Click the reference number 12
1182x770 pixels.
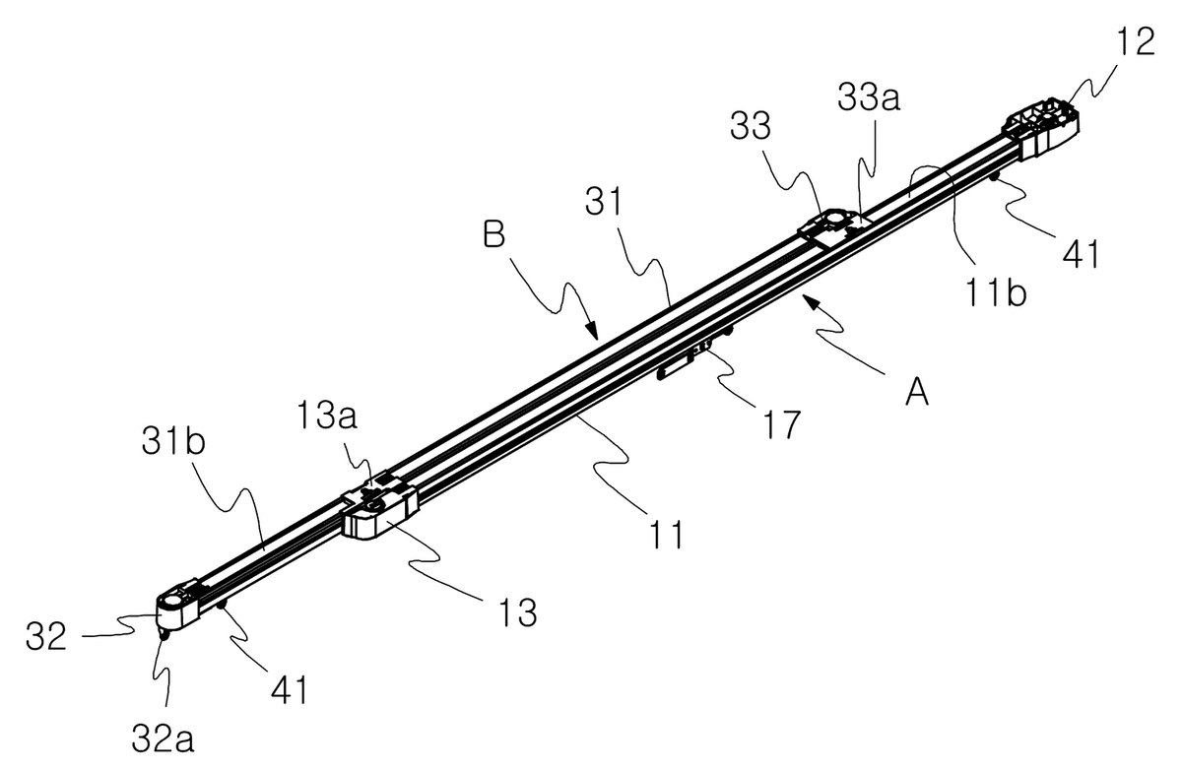[1136, 42]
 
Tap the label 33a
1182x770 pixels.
[869, 98]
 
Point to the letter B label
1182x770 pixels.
[494, 234]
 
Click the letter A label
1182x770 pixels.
[917, 393]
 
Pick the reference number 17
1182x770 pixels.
[781, 424]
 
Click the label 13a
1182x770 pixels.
[327, 416]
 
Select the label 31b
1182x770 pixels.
[173, 441]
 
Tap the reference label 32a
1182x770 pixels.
[163, 739]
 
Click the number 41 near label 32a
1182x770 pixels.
[289, 690]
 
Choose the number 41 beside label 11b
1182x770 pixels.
[1081, 254]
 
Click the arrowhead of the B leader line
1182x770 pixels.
[592, 331]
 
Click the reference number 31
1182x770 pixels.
[604, 203]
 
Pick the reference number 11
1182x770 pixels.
[667, 535]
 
